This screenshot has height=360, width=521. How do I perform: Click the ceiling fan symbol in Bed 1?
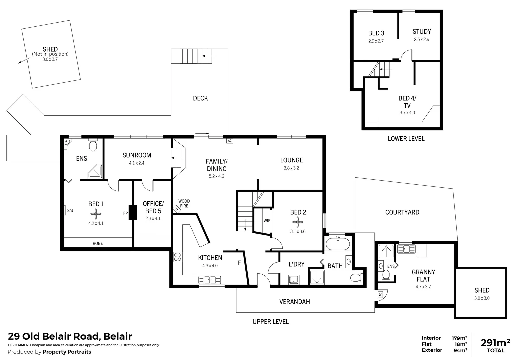tap(96, 214)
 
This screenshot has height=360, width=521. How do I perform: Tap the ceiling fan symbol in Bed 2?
tap(298, 222)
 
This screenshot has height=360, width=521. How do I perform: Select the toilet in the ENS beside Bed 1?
tap(93, 145)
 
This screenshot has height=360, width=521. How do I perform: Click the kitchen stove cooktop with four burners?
tap(178, 257)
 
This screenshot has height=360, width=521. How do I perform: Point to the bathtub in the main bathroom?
tap(338, 244)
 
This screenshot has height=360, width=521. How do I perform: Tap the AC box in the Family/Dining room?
tap(229, 141)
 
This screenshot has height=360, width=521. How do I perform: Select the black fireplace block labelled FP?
tap(133, 212)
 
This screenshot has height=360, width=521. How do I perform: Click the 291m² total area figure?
tap(495, 343)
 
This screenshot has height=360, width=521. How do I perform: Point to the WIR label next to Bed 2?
tap(267, 221)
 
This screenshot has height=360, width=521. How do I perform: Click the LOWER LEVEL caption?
tap(406, 139)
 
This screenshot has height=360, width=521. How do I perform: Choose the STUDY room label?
tap(422, 32)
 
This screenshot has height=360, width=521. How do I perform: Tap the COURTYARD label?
tap(402, 212)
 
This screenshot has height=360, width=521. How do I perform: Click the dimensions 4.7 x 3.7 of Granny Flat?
tap(423, 287)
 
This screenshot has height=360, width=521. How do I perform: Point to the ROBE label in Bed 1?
tap(98, 243)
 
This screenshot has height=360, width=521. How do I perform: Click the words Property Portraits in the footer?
tap(67, 352)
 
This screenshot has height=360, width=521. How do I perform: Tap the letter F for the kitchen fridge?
tap(239, 263)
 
